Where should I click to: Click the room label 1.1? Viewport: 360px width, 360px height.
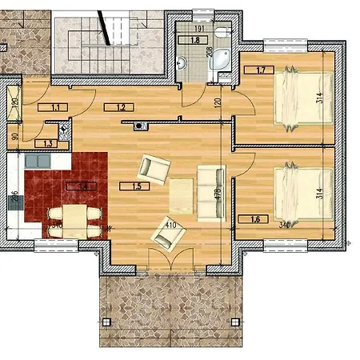(x=56, y=106)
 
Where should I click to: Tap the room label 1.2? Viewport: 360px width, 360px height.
(x=121, y=106)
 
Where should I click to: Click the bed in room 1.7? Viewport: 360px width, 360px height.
(x=303, y=98)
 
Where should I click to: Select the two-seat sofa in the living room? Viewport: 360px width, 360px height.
(x=210, y=192)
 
